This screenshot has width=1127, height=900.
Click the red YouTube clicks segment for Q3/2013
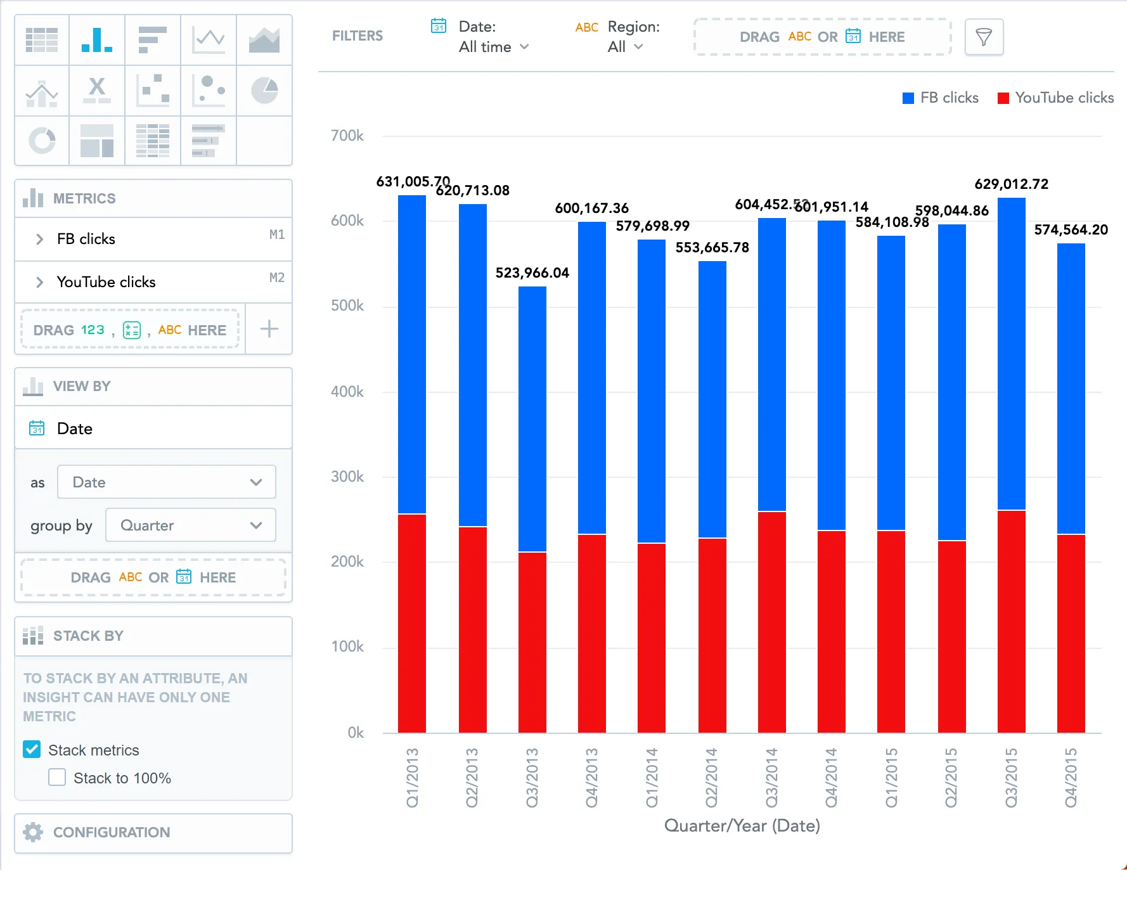tap(532, 641)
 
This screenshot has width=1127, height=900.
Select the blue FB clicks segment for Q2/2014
tap(712, 399)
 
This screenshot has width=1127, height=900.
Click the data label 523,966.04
tap(532, 273)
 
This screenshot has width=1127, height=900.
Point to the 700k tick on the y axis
tap(347, 136)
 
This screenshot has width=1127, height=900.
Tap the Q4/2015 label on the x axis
tap(1071, 778)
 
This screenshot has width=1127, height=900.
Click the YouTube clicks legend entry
tap(1056, 98)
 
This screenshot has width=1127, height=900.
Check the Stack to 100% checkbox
tap(57, 778)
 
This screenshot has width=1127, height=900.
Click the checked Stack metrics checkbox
tap(32, 750)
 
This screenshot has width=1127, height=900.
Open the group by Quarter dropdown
tap(190, 525)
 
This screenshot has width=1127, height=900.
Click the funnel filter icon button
tap(983, 37)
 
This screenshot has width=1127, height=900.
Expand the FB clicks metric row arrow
tap(39, 239)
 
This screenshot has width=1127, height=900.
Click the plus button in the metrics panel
tap(269, 329)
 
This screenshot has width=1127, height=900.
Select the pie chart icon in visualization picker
tap(264, 90)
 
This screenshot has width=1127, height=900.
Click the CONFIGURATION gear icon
tap(33, 832)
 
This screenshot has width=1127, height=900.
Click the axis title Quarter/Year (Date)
tap(742, 825)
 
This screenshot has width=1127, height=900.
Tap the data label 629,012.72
tap(1011, 184)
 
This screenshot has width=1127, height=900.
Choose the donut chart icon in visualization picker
tap(42, 140)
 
